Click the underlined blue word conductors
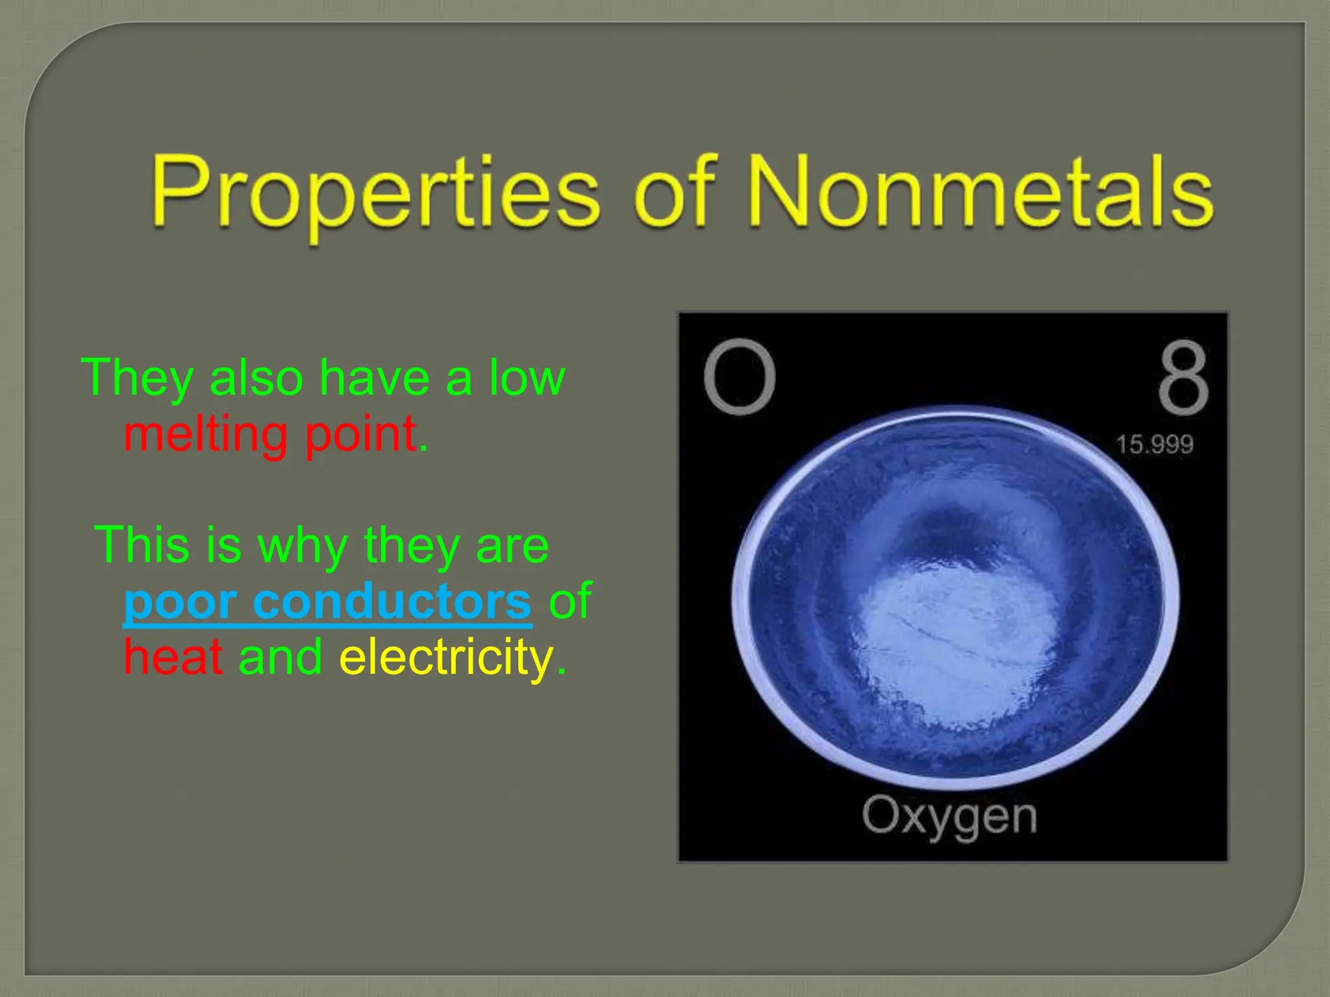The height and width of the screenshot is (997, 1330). [x=392, y=601]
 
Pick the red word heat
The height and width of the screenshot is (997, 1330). [x=173, y=656]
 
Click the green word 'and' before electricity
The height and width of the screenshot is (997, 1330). [x=280, y=656]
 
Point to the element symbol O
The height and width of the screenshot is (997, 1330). [x=739, y=377]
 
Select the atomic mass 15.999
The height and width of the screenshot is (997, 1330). [x=1154, y=445]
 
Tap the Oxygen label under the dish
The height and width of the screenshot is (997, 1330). [x=949, y=816]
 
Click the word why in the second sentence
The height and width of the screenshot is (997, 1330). [x=302, y=545]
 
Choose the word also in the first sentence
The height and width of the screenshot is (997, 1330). [x=256, y=378]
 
